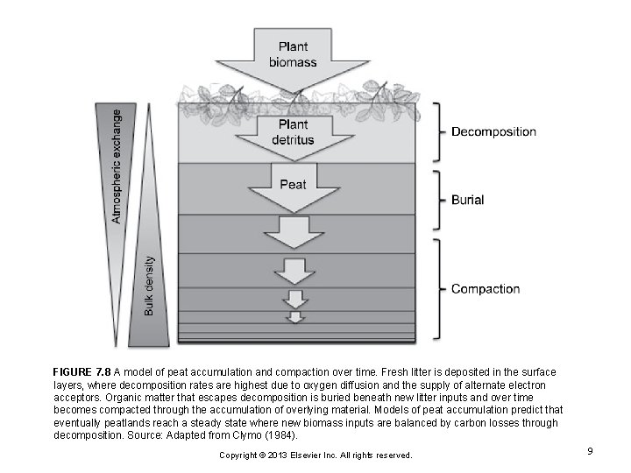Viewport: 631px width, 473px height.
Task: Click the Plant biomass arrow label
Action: [x=297, y=55]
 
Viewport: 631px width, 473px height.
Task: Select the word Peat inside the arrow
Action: [x=294, y=184]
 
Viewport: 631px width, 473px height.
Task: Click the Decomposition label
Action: [x=493, y=132]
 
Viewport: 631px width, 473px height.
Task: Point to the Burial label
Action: [x=467, y=201]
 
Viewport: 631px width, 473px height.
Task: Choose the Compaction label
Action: [x=485, y=289]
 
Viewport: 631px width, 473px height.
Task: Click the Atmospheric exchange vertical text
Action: [x=118, y=164]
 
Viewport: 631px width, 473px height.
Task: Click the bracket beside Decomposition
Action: [x=436, y=132]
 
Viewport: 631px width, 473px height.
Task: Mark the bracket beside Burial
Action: [x=436, y=201]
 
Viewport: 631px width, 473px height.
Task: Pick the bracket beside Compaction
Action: [x=436, y=289]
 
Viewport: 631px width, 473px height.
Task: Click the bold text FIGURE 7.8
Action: [x=82, y=372]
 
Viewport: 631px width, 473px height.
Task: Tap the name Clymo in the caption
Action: [x=257, y=434]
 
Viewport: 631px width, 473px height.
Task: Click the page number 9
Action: [x=591, y=451]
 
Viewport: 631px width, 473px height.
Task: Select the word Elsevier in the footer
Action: [x=317, y=455]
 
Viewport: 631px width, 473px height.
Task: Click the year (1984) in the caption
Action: [x=287, y=434]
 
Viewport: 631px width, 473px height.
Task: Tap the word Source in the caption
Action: [x=143, y=434]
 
